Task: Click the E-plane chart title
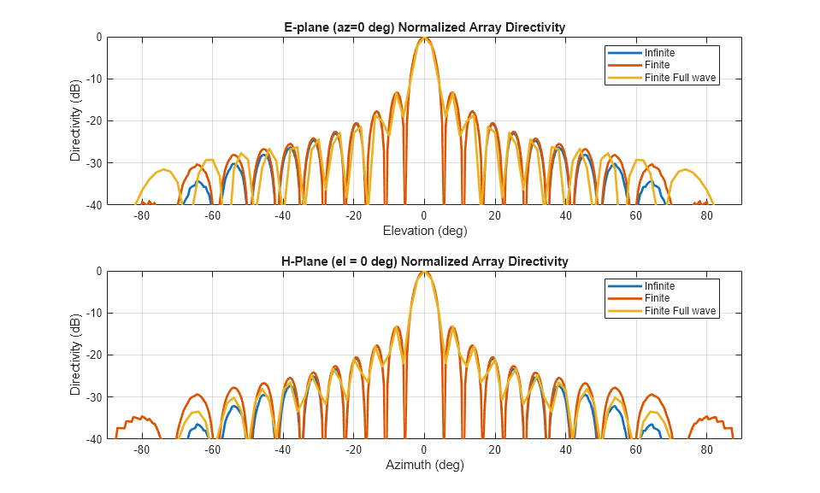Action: click(424, 27)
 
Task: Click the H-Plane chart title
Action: click(424, 261)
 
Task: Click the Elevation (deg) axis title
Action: click(424, 231)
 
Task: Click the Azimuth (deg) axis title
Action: click(424, 465)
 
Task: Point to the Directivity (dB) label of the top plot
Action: click(75, 120)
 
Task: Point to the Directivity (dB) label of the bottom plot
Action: click(75, 355)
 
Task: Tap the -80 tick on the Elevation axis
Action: click(142, 216)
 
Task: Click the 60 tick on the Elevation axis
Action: click(636, 216)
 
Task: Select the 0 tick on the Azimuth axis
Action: click(424, 450)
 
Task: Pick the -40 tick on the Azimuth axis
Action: click(283, 450)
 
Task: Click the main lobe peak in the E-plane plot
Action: click(424, 38)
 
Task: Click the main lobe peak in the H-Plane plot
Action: click(424, 272)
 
